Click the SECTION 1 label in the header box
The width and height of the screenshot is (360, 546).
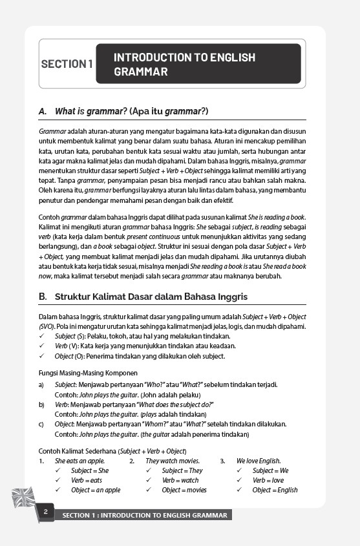tap(67, 64)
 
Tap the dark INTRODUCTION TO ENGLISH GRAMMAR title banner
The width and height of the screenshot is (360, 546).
tap(198, 64)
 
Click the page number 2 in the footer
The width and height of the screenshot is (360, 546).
tap(46, 512)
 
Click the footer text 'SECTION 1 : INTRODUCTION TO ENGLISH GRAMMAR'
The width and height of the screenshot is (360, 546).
tap(144, 516)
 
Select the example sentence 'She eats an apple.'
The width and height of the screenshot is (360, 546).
tap(79, 461)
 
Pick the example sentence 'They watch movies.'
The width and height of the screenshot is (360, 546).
tap(173, 461)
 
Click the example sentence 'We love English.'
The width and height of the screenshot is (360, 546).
tap(259, 461)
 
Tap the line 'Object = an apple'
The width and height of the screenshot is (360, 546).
tap(96, 490)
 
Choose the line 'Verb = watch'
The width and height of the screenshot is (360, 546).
tap(180, 480)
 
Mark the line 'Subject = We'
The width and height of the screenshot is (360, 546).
tap(270, 470)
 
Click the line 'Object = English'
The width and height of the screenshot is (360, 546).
tap(275, 490)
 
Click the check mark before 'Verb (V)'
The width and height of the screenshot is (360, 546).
tap(42, 346)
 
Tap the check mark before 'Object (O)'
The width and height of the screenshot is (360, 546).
tap(42, 356)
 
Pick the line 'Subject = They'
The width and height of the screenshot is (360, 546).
tap(182, 470)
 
